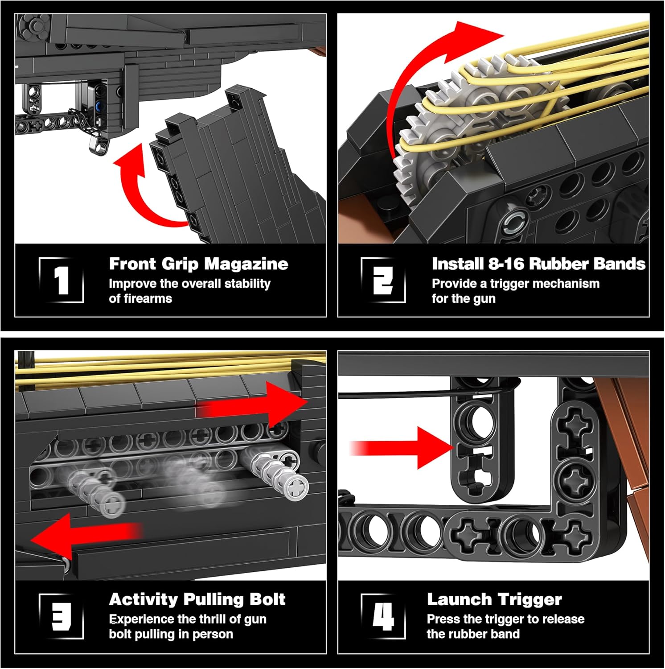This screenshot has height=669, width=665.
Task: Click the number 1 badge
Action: [62, 281]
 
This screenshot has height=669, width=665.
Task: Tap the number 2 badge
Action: [383, 281]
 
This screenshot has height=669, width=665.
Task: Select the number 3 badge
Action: [62, 617]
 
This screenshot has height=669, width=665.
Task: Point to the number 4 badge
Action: [383, 617]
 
